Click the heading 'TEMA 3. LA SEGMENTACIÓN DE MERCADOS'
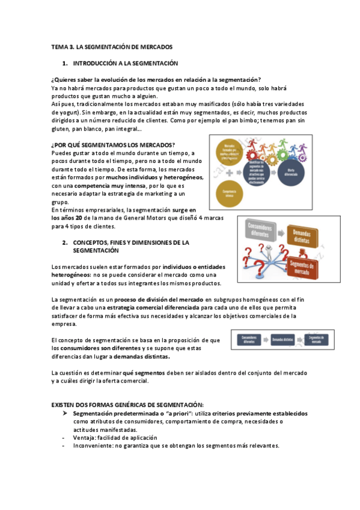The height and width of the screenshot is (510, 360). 112,46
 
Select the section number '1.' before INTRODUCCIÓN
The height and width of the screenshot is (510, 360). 66,63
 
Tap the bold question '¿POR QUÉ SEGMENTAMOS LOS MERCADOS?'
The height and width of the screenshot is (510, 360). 113,144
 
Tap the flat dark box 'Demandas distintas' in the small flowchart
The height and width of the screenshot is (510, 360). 286,339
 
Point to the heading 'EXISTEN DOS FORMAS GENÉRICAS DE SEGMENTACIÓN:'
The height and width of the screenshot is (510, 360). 127,405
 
